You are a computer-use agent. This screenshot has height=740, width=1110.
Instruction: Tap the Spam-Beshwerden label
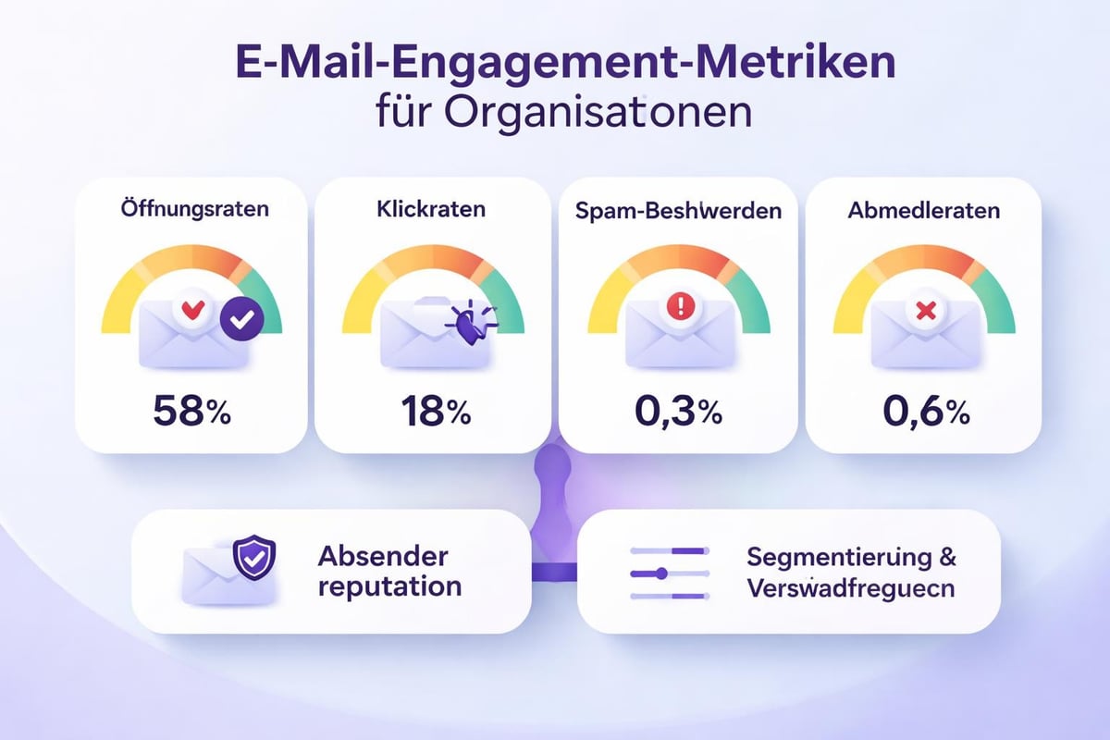[678, 211]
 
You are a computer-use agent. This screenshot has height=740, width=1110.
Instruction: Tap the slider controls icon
[669, 573]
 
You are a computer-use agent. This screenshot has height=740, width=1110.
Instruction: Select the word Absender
[382, 556]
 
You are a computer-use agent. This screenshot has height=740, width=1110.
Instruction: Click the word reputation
[389, 586]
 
